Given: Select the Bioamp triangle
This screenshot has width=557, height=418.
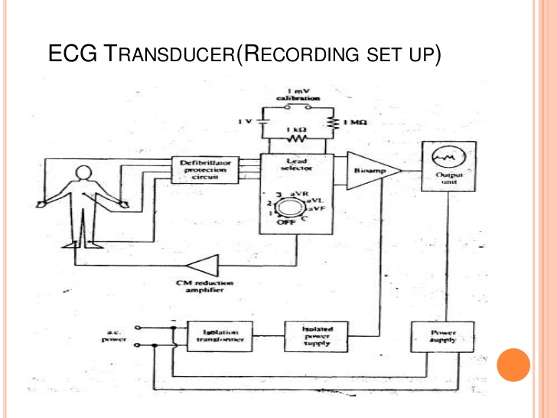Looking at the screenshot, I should click(370, 172).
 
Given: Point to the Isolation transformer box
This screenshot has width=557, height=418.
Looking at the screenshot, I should click(220, 337).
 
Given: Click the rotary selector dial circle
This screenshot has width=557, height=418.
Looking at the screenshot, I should click(289, 206).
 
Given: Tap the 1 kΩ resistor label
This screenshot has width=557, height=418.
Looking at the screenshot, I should click(298, 130).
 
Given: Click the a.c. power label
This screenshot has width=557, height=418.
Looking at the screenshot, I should click(113, 335).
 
